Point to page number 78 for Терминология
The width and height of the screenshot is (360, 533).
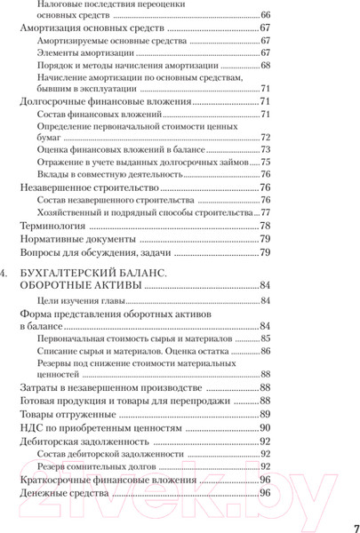264,227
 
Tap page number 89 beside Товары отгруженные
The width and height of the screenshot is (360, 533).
264,414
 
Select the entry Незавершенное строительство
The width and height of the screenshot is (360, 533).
89,189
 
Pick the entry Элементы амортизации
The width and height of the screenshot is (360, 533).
84,53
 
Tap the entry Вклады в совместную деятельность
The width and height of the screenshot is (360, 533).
108,176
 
